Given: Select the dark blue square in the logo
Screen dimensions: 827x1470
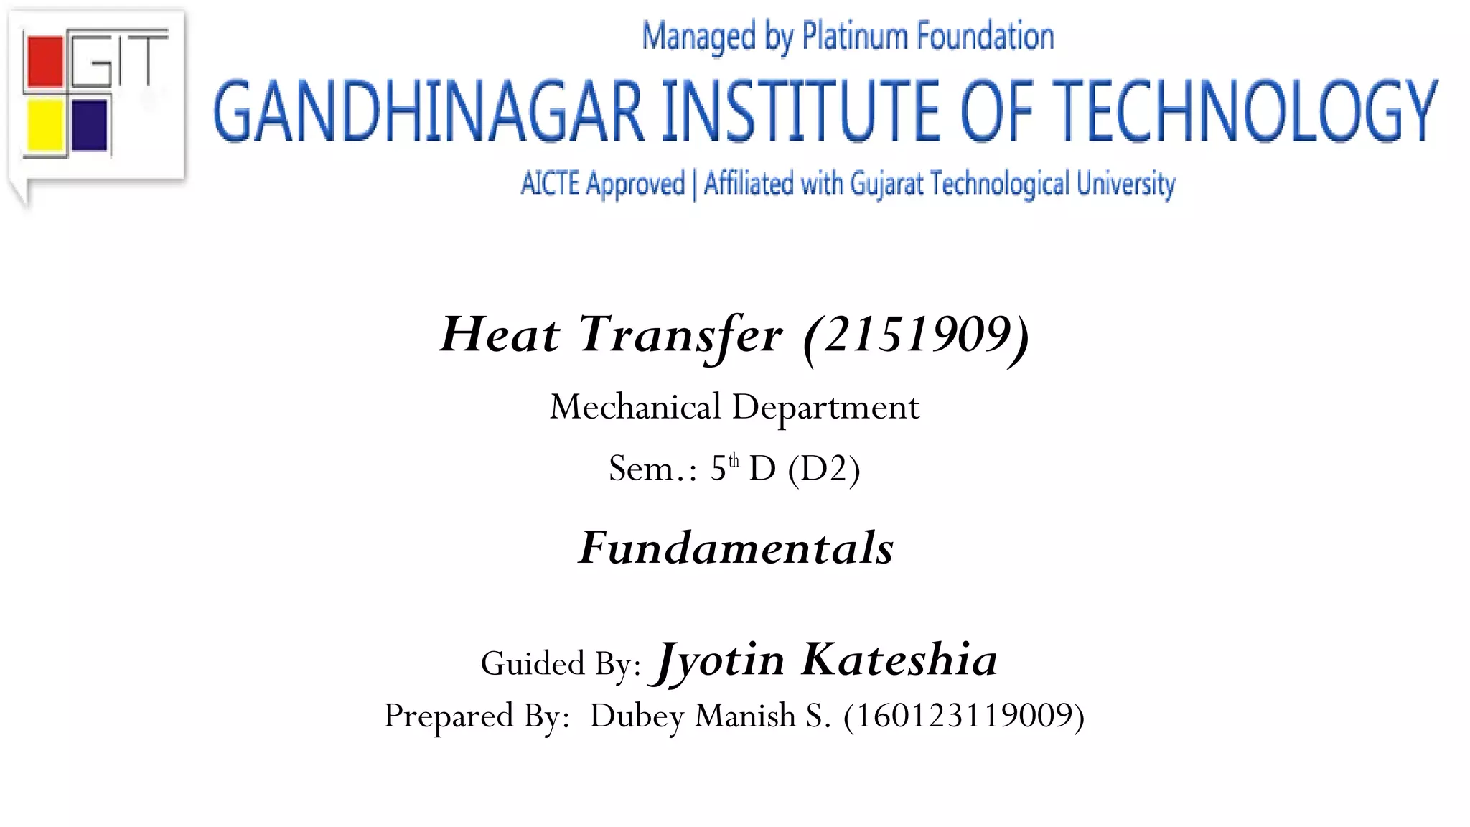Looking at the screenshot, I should click(90, 125).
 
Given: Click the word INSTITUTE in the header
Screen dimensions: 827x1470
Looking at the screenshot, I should click(800, 112).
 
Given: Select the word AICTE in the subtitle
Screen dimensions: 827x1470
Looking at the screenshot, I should click(550, 184).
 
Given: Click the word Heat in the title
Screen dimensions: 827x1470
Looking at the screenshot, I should click(500, 335).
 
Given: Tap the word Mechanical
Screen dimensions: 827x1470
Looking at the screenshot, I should click(635, 408).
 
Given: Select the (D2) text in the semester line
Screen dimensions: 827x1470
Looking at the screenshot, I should click(823, 469).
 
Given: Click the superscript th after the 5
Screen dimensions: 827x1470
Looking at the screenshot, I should click(734, 460).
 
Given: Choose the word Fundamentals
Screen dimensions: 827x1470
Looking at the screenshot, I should click(736, 548).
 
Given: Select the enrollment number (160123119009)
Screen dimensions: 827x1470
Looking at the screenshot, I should click(964, 716).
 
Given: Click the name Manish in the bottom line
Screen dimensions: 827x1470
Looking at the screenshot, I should click(746, 716).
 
